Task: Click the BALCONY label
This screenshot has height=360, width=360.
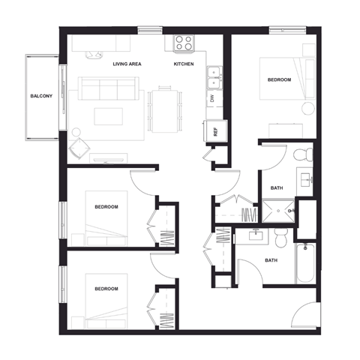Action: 40,97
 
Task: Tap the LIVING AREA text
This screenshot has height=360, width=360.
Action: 127,64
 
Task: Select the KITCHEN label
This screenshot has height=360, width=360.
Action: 184,64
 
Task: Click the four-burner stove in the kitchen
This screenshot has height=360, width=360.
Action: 184,43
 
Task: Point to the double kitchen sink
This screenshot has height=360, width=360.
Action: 214,74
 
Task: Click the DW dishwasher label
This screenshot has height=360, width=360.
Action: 212,98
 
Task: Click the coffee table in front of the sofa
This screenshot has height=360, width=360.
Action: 108,116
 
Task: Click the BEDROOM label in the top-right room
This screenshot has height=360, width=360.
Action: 279,79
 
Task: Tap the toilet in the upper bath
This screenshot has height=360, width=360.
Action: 302,155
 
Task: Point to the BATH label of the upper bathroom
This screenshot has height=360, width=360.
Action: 276,188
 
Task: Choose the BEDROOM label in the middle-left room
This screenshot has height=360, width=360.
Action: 106,206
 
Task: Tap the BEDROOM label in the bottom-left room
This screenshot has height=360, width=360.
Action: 106,288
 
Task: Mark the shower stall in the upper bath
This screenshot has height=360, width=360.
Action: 277,212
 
